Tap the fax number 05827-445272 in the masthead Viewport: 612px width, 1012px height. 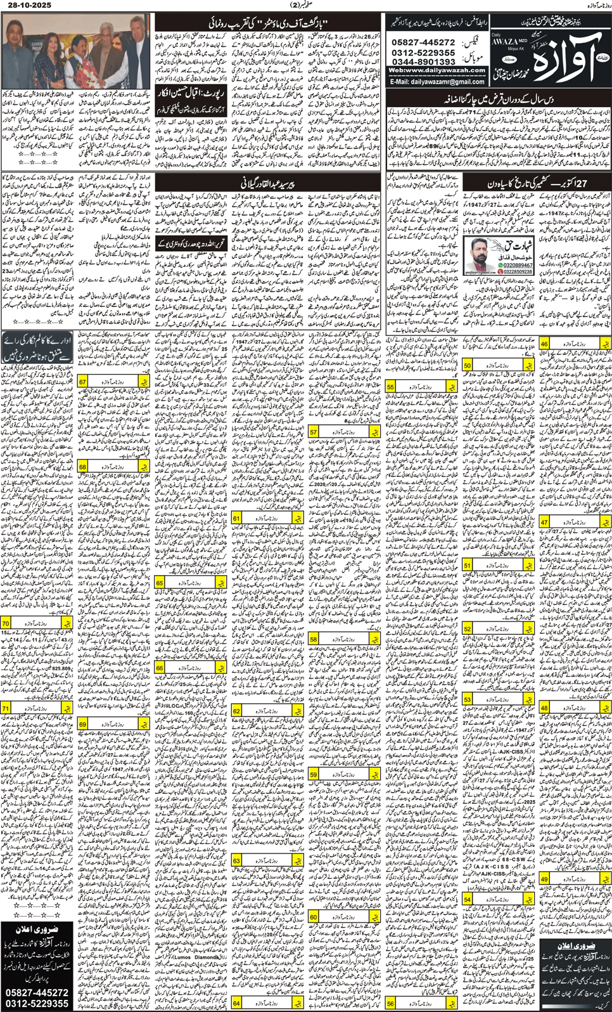(423, 42)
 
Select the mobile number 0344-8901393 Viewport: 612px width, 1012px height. (423, 62)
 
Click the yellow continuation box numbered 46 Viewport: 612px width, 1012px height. (544, 344)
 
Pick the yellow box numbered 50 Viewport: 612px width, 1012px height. (467, 366)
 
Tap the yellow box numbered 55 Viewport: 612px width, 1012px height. (390, 386)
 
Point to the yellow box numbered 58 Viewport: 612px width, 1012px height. (314, 640)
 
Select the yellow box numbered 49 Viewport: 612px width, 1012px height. (544, 879)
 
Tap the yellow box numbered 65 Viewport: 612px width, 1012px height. (160, 583)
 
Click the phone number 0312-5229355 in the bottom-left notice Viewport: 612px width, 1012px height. (37, 1004)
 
